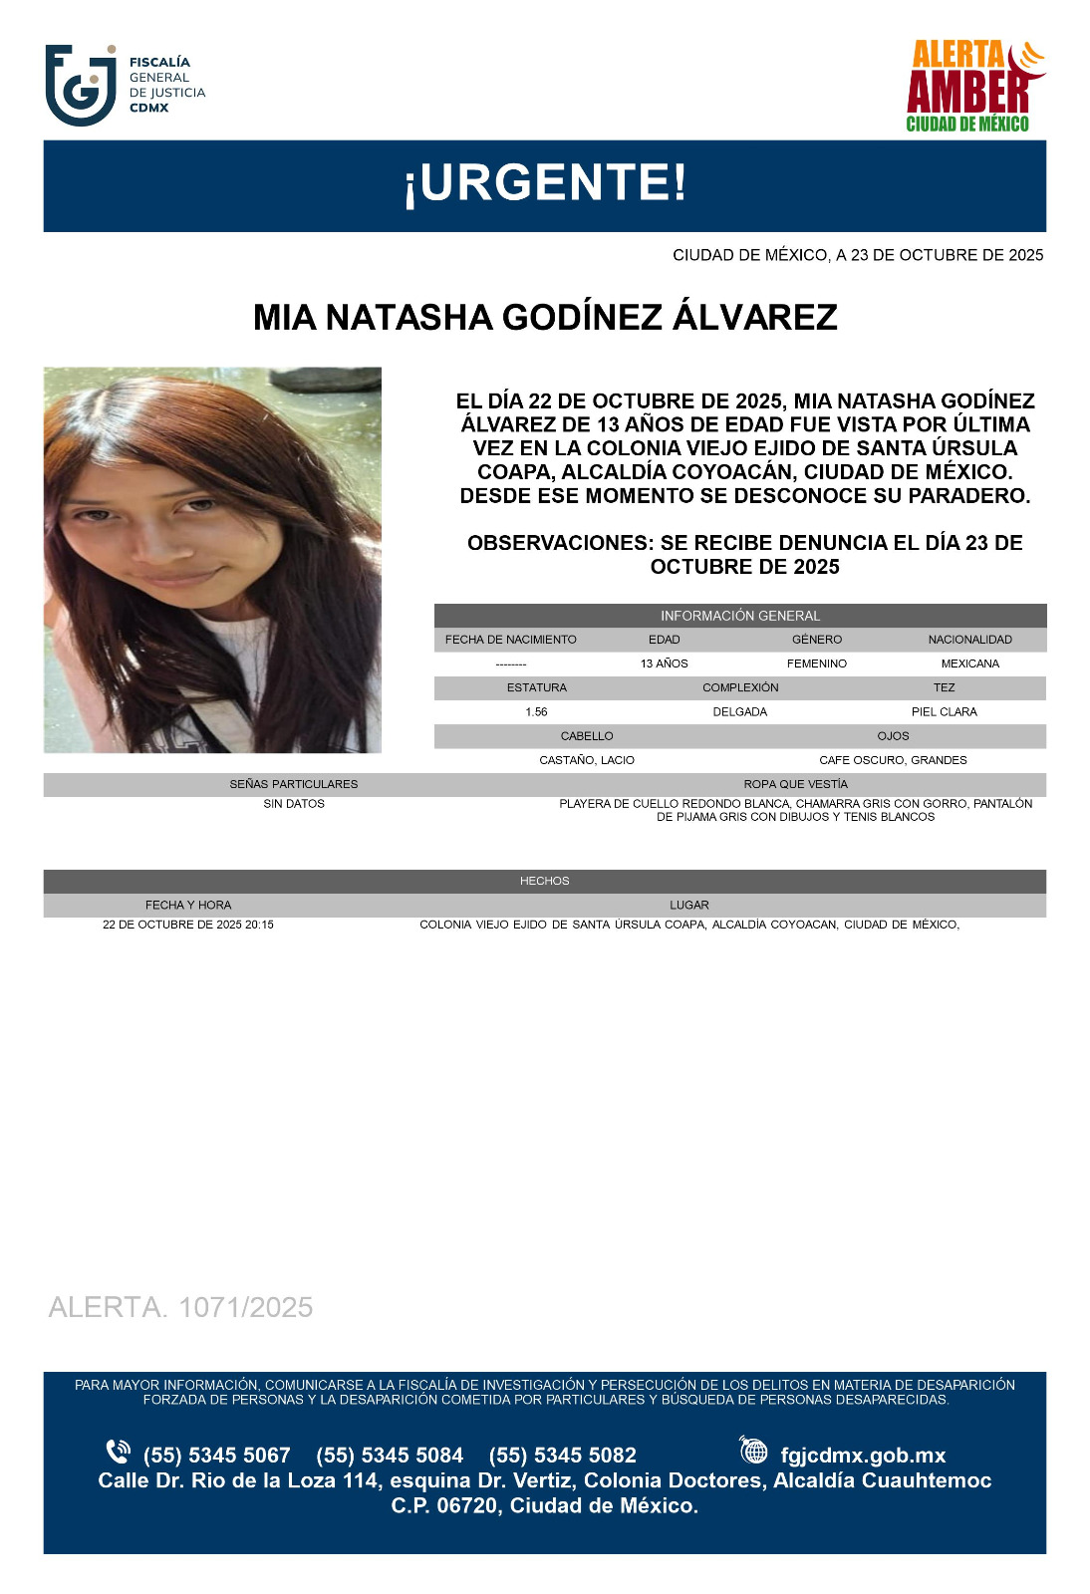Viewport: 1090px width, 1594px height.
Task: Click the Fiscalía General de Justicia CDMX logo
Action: click(x=125, y=85)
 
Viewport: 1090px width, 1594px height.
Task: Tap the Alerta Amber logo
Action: click(x=973, y=87)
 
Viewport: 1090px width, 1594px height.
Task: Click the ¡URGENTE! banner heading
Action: click(x=545, y=183)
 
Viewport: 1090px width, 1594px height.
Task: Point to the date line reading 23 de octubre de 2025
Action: click(x=857, y=255)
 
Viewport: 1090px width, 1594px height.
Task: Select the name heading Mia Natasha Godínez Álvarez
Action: click(x=545, y=318)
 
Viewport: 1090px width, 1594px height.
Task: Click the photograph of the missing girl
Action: click(x=212, y=560)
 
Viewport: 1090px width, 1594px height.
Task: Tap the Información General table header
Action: click(x=739, y=616)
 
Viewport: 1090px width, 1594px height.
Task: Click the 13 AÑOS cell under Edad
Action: click(x=664, y=664)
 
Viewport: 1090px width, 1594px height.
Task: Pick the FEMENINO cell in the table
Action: click(x=816, y=664)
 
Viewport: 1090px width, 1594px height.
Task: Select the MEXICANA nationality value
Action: click(x=969, y=664)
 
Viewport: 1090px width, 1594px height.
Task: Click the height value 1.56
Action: click(x=536, y=712)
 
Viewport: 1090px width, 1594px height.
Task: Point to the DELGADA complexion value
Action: click(x=739, y=712)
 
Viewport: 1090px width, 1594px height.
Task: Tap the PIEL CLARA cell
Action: click(x=944, y=712)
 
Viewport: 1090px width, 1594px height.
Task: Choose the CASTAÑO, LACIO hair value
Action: click(x=587, y=760)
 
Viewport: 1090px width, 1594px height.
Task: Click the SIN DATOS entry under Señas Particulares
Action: click(x=294, y=804)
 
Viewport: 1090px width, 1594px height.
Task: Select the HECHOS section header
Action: click(x=544, y=881)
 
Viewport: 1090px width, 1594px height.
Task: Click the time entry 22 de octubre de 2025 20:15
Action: click(x=188, y=925)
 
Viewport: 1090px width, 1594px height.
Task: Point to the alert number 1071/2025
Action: click(x=180, y=1307)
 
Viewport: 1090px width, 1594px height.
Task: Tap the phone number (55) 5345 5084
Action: click(x=390, y=1456)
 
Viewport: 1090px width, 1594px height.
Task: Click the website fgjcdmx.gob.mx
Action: click(x=862, y=1456)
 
